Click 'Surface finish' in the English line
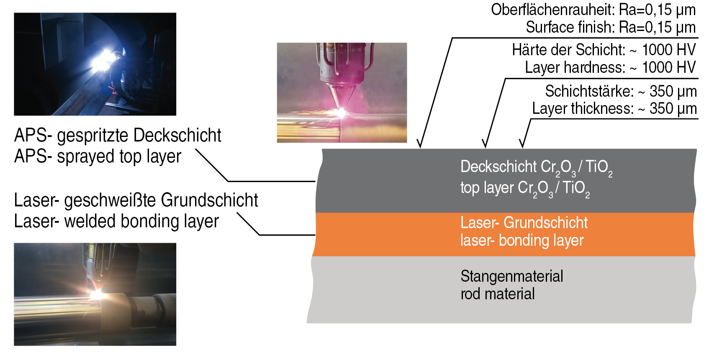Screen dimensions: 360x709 point(569,28)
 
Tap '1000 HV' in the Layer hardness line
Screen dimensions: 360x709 point(668,67)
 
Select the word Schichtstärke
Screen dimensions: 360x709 point(589,91)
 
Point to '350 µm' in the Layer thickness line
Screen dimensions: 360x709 point(673,109)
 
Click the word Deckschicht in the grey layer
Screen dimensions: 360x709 point(498,167)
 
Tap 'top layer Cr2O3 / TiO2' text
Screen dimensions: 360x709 point(525,188)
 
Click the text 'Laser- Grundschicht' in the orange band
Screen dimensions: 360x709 point(524,223)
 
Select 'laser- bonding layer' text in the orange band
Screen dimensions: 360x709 point(522,241)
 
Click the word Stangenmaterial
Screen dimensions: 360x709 point(511,276)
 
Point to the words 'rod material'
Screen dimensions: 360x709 point(497,294)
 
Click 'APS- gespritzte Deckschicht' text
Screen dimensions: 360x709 point(118,136)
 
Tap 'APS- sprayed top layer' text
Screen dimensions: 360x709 point(98,157)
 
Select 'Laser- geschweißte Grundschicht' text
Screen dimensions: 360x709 point(136,201)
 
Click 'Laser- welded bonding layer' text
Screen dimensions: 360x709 point(116,221)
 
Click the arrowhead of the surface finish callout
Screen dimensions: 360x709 point(420,144)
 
